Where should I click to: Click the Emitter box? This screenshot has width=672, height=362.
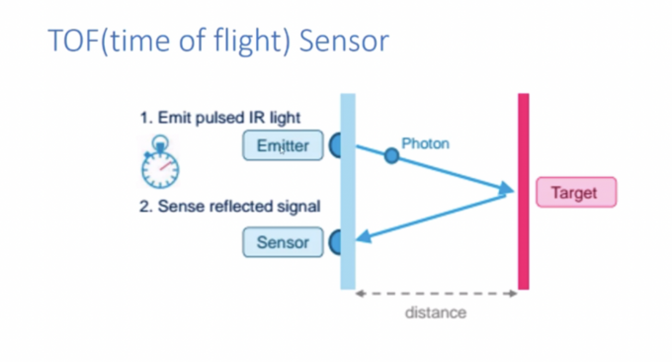coord(282,146)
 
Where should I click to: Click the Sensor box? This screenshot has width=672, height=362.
coord(282,241)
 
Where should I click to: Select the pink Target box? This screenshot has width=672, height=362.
coord(575,192)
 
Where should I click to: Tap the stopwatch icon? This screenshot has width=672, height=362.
coord(158,165)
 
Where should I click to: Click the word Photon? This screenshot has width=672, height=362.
coord(425,143)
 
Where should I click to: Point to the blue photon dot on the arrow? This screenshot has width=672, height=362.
coord(391,155)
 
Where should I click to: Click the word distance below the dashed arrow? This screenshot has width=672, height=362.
coord(436,313)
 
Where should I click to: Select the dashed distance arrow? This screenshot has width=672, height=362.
coord(436,293)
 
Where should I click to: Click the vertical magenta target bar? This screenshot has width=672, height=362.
coord(523,192)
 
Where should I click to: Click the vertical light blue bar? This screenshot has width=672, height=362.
coord(347,192)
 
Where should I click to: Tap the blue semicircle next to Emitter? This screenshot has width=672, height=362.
coord(335,146)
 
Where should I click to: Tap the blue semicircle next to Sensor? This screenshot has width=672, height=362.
coord(335,240)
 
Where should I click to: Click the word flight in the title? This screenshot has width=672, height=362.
coord(236,42)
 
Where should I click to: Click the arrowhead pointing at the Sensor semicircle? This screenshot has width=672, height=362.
coord(365,234)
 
